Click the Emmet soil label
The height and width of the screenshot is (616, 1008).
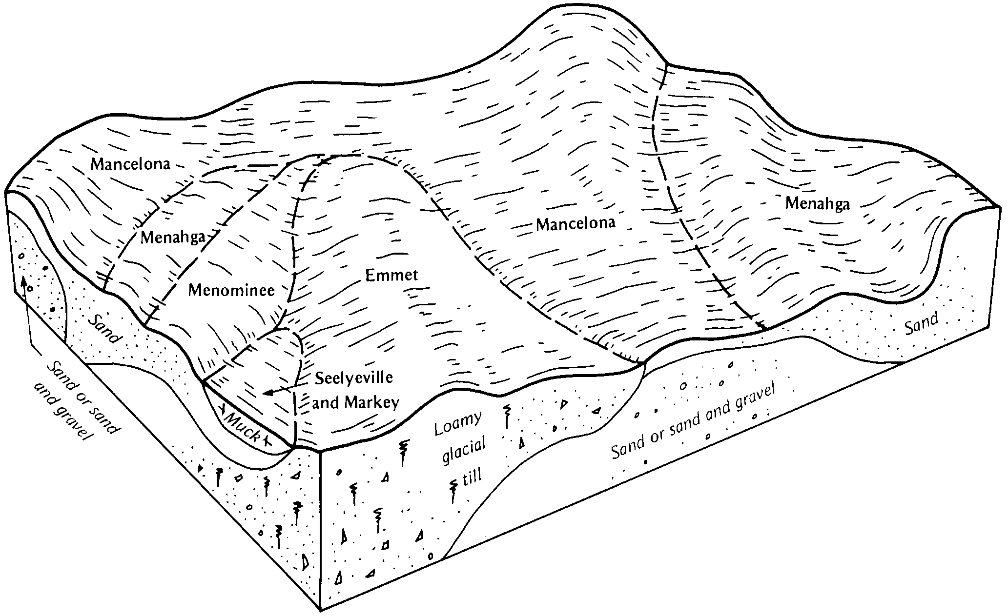pyautogui.click(x=391, y=275)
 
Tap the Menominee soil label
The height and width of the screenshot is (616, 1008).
pyautogui.click(x=231, y=291)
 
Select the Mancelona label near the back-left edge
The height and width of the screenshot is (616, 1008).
pyautogui.click(x=131, y=164)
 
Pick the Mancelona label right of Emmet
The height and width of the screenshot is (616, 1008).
pyautogui.click(x=576, y=224)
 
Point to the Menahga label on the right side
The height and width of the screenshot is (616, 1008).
pyautogui.click(x=817, y=204)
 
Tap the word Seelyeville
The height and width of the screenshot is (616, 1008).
pyautogui.click(x=354, y=378)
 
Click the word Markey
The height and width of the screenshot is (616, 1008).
pyautogui.click(x=372, y=402)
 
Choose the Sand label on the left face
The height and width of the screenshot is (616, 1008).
pyautogui.click(x=103, y=329)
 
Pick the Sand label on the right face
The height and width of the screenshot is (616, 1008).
pyautogui.click(x=922, y=323)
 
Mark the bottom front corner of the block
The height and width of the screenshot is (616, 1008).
pyautogui.click(x=321, y=610)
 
